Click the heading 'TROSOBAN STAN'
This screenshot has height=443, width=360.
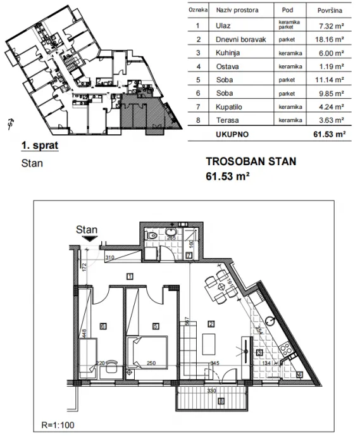click(251, 162)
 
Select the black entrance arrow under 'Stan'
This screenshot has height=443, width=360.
click(92, 240)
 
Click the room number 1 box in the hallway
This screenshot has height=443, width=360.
click(129, 275)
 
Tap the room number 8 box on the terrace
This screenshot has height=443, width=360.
click(220, 401)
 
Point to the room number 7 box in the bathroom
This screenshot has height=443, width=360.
click(189, 254)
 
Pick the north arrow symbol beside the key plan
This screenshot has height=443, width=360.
click(9, 123)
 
